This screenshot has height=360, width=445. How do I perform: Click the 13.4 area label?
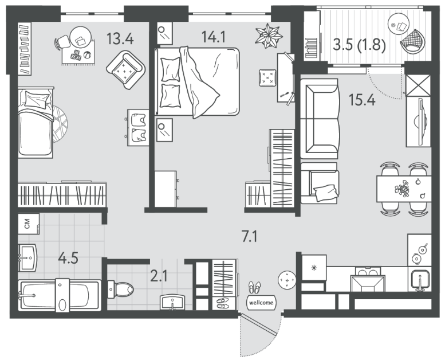click(120, 38)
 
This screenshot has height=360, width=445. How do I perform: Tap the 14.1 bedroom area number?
click(214, 37)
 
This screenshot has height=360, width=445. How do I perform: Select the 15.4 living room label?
click(362, 100)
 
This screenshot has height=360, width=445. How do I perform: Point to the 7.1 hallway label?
click(250, 236)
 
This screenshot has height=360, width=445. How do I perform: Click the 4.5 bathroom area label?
click(68, 259)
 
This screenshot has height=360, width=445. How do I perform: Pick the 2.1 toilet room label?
click(159, 276)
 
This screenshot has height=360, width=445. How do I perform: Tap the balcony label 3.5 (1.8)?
click(359, 45)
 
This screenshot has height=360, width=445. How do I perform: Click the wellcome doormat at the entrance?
click(261, 303)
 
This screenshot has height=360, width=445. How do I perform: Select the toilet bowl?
click(120, 289)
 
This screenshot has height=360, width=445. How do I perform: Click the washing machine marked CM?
click(29, 224)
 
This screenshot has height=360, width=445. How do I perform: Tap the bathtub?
click(60, 295)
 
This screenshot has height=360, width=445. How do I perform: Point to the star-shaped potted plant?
click(269, 35)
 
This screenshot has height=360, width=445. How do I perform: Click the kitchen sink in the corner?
click(419, 279)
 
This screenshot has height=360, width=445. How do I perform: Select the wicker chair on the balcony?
click(413, 41)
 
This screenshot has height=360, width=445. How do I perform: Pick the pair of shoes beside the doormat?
click(254, 287)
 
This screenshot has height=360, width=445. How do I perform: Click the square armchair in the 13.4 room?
click(126, 70)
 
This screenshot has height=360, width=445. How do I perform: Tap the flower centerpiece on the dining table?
click(402, 188)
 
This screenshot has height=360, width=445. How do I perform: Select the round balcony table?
click(399, 24)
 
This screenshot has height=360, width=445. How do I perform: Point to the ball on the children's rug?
click(88, 54)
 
